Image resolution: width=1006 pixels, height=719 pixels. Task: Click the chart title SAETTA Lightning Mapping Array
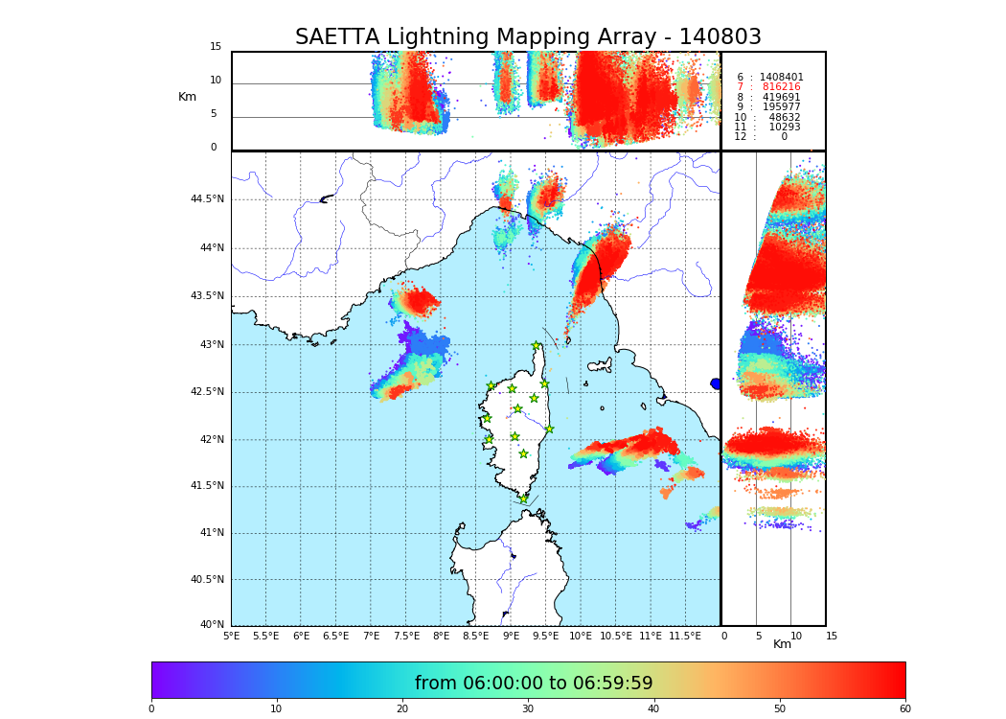tap(528, 37)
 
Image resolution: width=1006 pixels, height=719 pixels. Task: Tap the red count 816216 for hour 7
tap(781, 87)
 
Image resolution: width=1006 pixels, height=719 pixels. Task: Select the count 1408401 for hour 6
tap(781, 77)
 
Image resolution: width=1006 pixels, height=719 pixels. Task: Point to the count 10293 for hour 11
tap(784, 127)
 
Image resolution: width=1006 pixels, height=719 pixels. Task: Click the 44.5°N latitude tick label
tap(207, 199)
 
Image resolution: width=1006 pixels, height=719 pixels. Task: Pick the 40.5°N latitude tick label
tap(207, 580)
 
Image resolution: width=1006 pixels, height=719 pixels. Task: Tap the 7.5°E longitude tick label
tap(406, 636)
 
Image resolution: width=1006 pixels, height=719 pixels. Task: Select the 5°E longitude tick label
tap(231, 636)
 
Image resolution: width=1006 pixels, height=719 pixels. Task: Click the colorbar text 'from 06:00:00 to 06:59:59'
tap(534, 684)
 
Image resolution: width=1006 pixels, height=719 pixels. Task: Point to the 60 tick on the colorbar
tap(904, 709)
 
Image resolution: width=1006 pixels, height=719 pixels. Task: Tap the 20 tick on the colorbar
tap(402, 709)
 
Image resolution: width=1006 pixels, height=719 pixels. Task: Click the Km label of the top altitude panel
tap(187, 97)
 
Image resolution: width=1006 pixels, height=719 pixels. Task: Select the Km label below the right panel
tap(782, 644)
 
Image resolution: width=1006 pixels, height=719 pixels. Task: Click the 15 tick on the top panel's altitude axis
tap(216, 47)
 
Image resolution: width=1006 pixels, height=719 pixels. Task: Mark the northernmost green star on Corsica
tap(537, 346)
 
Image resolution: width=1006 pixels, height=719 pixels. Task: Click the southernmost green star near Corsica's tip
tap(523, 499)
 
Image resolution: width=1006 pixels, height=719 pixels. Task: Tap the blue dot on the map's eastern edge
tap(716, 383)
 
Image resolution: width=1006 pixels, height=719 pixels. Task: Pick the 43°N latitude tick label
tap(211, 345)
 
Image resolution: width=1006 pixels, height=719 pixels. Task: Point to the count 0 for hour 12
tap(784, 137)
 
